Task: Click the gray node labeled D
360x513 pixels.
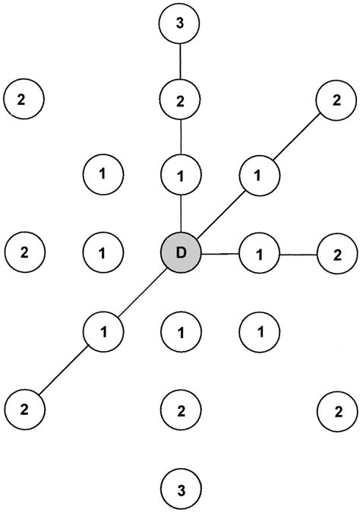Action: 180,252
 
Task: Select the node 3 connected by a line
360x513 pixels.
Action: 180,24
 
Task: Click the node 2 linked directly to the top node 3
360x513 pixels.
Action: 180,99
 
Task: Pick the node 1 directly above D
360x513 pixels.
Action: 180,176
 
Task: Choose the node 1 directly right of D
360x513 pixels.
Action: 258,252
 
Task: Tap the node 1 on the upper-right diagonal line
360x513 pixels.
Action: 258,176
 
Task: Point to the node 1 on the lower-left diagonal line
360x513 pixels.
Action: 103,330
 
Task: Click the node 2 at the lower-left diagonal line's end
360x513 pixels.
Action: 24,408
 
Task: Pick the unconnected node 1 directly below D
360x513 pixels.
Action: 180,331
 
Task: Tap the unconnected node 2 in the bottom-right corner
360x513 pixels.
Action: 336,411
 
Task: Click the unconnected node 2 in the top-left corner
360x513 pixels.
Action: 24,98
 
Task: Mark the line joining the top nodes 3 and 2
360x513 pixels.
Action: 180,62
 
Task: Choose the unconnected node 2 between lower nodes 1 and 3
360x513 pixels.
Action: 180,411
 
